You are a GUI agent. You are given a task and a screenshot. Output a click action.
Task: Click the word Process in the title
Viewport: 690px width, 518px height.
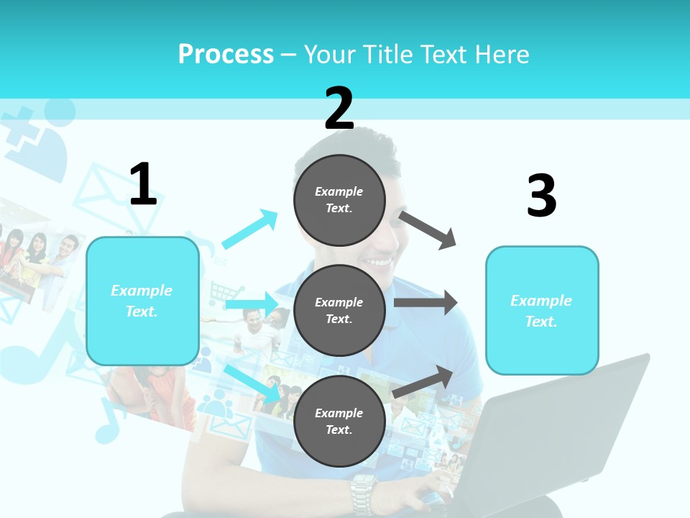pyautogui.click(x=226, y=55)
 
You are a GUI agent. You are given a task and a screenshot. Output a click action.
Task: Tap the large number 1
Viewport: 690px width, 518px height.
pyautogui.click(x=143, y=184)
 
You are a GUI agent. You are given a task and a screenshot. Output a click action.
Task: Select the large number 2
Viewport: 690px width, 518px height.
pyautogui.click(x=339, y=109)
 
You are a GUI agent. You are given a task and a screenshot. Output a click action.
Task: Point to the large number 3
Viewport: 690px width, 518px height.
pyautogui.click(x=541, y=196)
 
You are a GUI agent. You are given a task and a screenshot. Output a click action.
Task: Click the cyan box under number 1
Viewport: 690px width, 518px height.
pyautogui.click(x=142, y=301)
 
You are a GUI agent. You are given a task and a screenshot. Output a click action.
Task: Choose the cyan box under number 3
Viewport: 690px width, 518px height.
pyautogui.click(x=542, y=311)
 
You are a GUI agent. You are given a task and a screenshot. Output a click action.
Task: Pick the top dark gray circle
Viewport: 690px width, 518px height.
pyautogui.click(x=339, y=200)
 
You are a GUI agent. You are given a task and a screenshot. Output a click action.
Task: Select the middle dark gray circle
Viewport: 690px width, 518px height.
pyautogui.click(x=339, y=310)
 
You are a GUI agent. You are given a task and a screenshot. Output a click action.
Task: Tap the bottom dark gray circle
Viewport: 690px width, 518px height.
pyautogui.click(x=339, y=421)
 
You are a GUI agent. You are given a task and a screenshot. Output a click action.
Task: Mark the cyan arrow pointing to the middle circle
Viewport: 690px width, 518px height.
pyautogui.click(x=252, y=304)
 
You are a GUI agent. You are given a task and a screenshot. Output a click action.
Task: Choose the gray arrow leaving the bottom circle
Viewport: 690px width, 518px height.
pyautogui.click(x=423, y=382)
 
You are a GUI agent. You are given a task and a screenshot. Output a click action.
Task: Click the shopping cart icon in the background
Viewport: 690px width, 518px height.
pyautogui.click(x=221, y=292)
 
